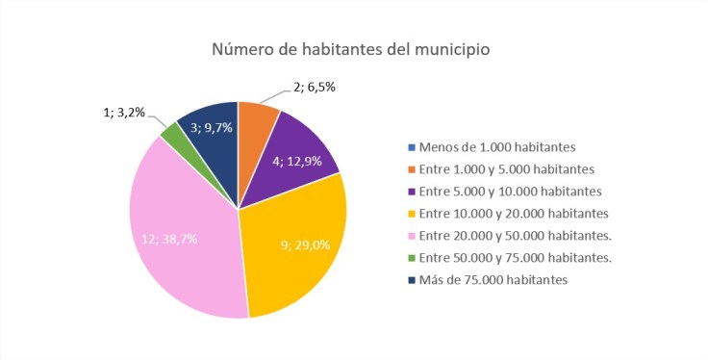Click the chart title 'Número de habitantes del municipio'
353,50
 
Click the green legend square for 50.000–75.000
412,257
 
